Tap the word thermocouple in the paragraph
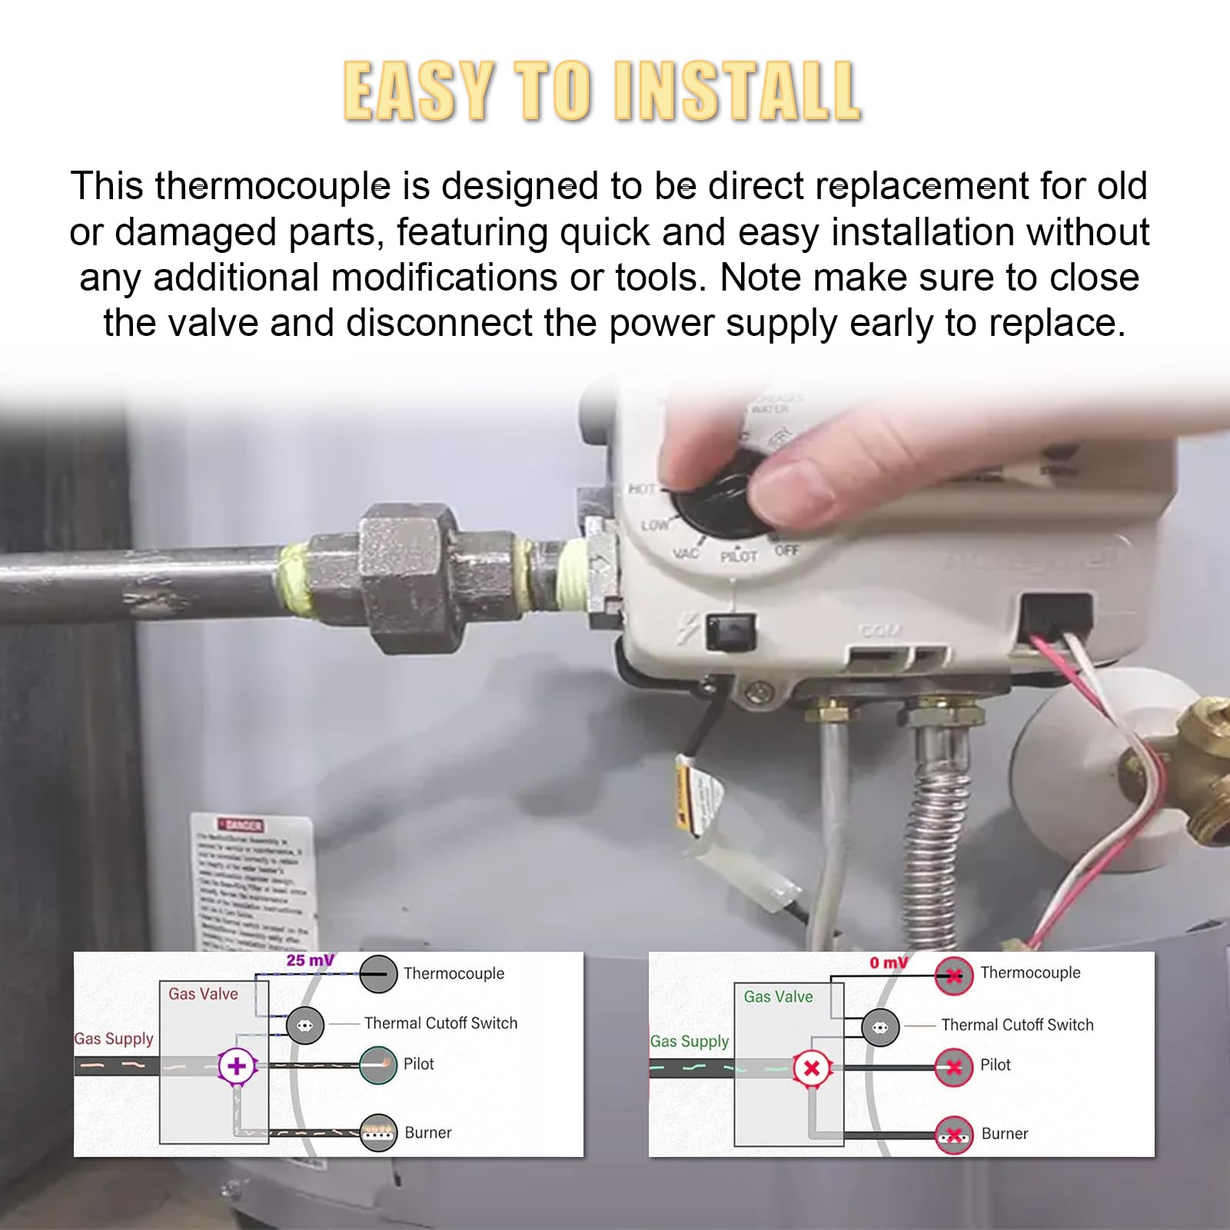272,187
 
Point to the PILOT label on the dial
739,556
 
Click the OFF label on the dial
787,550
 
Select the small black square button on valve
730,632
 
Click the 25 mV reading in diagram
310,960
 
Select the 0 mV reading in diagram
888,962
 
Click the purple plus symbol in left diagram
237,1066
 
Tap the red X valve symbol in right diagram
811,1068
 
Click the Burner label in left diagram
427,1132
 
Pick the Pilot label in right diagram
995,1065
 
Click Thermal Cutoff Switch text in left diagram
440,1023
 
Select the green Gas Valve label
778,996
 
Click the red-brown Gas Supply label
114,1039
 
